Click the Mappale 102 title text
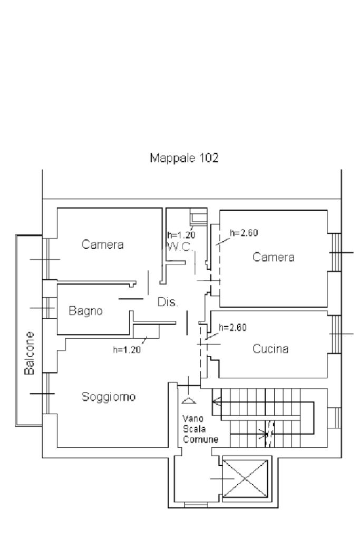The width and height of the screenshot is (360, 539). click(x=184, y=157)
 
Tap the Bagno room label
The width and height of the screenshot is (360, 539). click(x=86, y=311)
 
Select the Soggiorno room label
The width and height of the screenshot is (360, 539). click(x=109, y=396)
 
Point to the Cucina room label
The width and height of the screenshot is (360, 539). click(x=270, y=348)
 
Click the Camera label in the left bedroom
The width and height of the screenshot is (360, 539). click(x=103, y=244)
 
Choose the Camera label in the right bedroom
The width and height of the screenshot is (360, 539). click(x=273, y=257)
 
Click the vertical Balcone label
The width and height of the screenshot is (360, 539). click(x=31, y=353)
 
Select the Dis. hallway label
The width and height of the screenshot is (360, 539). click(x=168, y=303)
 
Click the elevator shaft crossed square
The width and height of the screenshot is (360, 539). click(x=245, y=479)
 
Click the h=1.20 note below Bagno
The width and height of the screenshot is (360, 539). click(x=127, y=349)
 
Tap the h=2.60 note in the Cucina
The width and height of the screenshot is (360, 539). click(x=232, y=327)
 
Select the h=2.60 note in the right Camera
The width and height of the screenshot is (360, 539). click(x=244, y=232)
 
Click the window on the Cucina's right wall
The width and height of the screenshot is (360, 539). click(x=334, y=334)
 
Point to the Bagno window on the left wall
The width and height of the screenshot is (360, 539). click(x=48, y=308)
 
